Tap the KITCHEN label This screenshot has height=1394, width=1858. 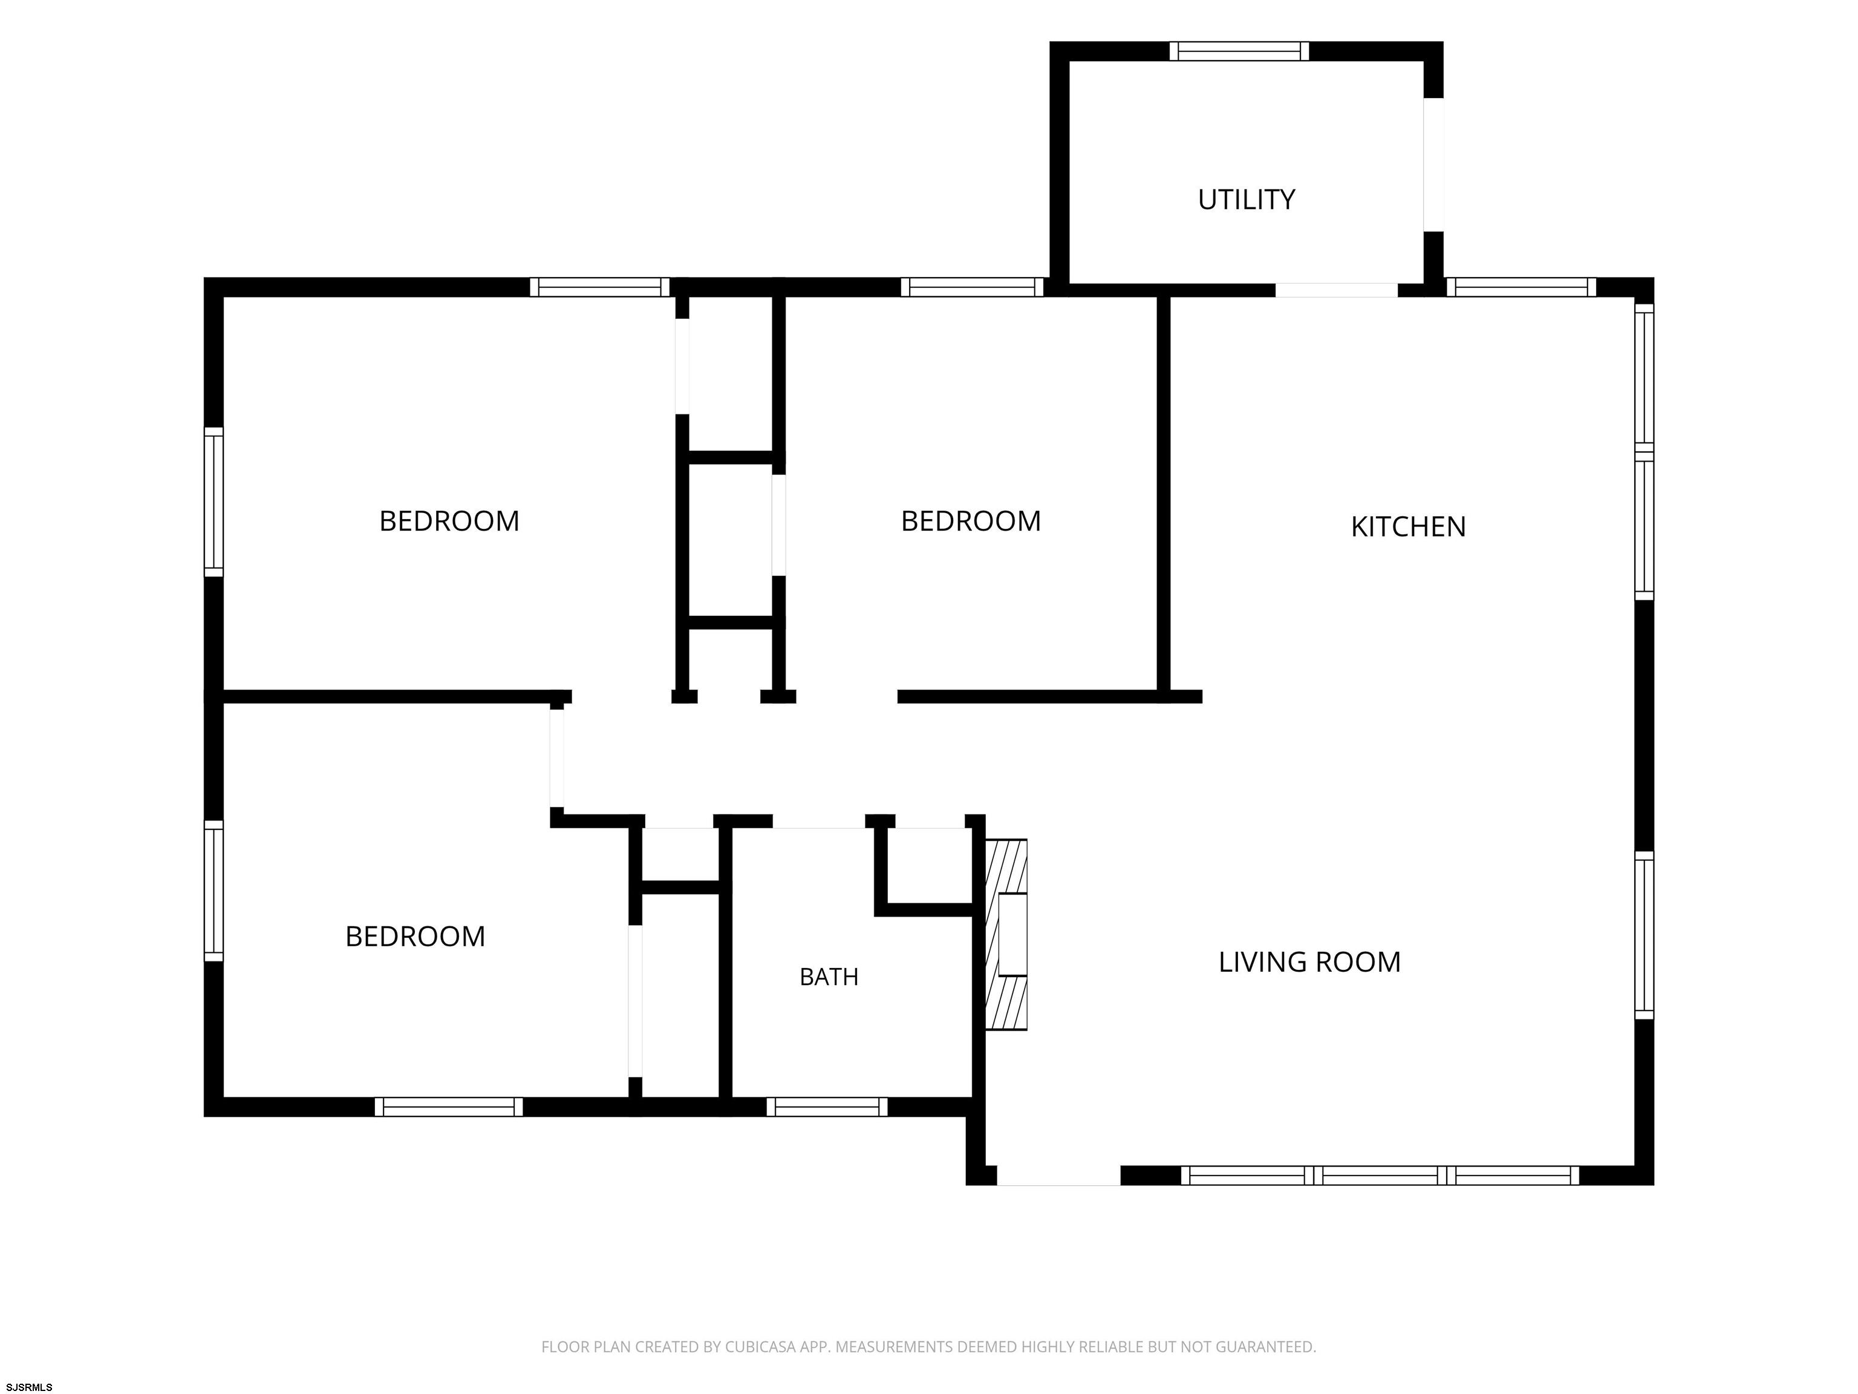click(x=1408, y=527)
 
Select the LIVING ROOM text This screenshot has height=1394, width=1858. click(x=1309, y=962)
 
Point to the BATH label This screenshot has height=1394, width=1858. click(x=829, y=977)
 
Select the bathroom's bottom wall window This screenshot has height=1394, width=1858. click(x=827, y=1107)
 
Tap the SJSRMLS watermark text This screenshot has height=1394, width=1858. click(x=30, y=1387)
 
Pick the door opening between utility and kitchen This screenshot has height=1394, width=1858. click(x=1337, y=290)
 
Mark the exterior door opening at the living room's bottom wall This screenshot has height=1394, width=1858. click(x=1058, y=1176)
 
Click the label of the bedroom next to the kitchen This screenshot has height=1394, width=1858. click(x=971, y=521)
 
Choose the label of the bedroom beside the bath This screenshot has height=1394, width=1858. click(x=415, y=936)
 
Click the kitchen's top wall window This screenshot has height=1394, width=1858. click(x=1521, y=287)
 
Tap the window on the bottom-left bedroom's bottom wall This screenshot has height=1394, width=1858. click(x=449, y=1107)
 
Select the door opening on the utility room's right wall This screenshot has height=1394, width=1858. click(x=1433, y=165)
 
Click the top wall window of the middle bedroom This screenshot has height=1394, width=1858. click(x=972, y=287)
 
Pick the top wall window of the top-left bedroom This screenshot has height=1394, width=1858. click(x=600, y=287)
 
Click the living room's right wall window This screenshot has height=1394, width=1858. click(x=1644, y=935)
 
